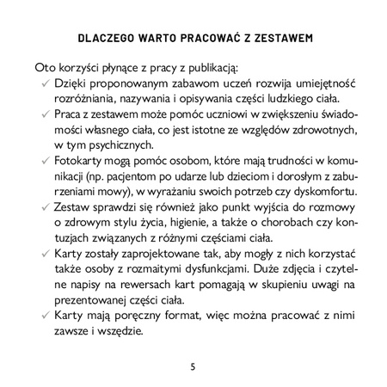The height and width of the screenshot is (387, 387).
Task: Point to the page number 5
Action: tap(193, 366)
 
